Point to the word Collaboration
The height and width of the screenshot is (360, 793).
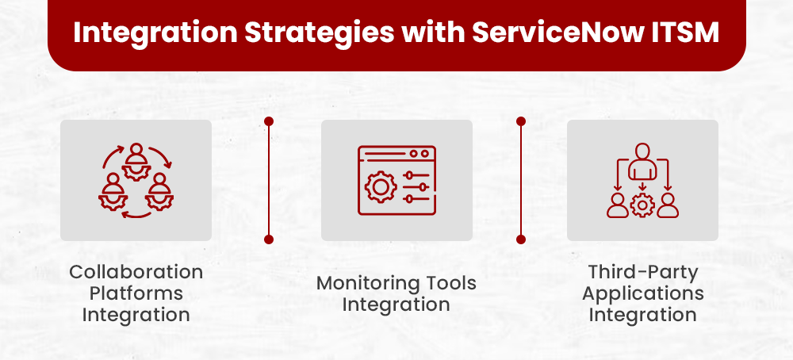pos(136,272)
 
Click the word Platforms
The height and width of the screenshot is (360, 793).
pos(136,293)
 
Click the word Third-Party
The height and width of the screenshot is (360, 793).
pos(642,272)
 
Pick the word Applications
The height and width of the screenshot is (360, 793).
pos(642,293)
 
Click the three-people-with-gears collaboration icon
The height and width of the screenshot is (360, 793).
pos(136,180)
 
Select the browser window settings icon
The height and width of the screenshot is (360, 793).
pos(396,180)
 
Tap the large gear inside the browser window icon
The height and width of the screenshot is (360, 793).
pos(380,187)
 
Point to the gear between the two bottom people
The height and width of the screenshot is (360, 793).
pos(642,205)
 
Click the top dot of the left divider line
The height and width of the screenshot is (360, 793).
pos(269,122)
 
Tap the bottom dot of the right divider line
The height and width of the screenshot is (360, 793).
pos(521,239)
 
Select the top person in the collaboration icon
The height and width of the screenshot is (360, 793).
pos(136,155)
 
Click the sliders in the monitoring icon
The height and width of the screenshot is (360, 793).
pos(416,187)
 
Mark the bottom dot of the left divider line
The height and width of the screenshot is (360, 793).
pos(269,239)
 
